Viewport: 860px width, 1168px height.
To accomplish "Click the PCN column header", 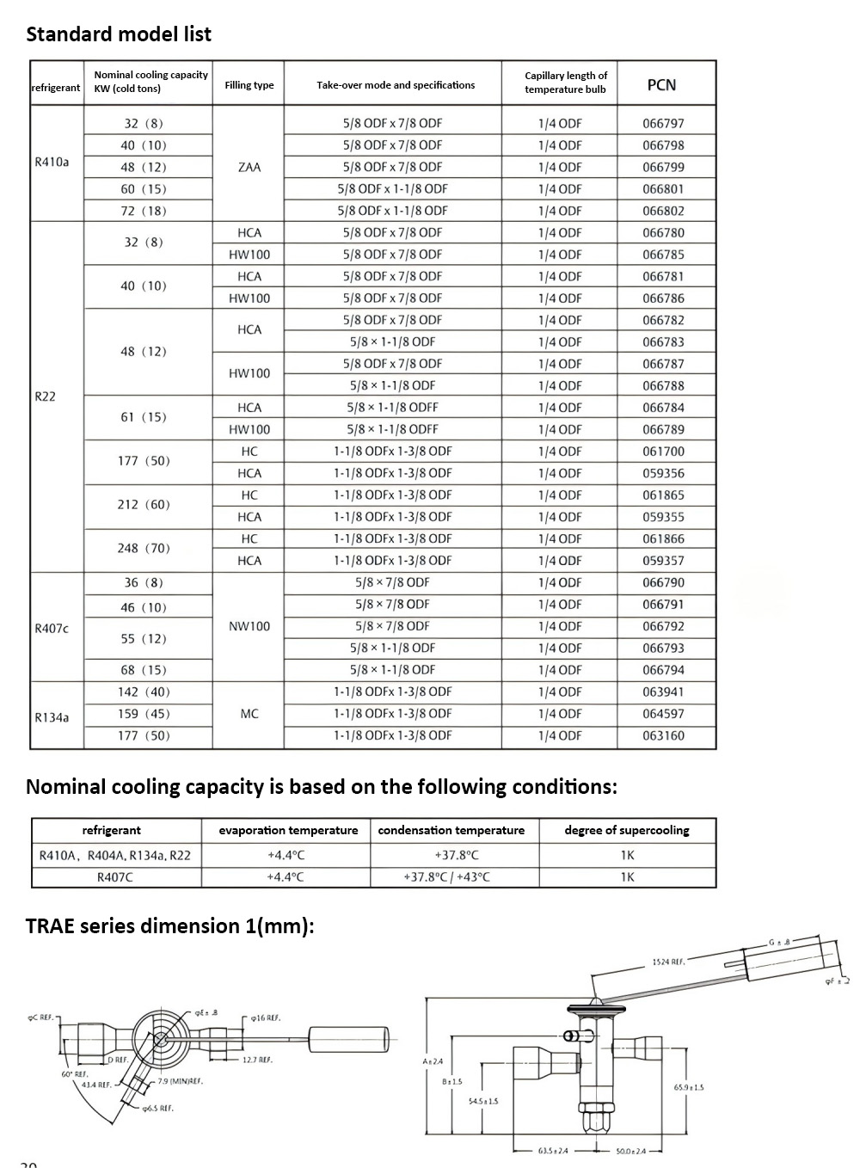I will [661, 84].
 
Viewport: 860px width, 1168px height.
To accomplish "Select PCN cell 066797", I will [663, 123].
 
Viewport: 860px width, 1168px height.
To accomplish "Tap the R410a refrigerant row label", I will [52, 162].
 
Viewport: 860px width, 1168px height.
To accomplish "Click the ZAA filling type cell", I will [249, 167].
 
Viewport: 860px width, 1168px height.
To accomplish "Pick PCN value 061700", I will [663, 451].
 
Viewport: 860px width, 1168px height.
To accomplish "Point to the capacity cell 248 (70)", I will [144, 548].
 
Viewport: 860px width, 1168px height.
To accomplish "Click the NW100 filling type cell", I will [249, 626].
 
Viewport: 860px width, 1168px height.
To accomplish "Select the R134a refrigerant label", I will [52, 717].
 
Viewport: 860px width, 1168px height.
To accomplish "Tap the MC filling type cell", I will [249, 714].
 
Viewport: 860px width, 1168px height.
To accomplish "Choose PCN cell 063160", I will [663, 735].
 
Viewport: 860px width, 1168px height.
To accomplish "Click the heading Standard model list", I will [119, 34].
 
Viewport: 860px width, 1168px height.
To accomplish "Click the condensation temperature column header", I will [451, 830].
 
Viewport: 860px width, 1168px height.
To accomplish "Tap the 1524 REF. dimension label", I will [668, 962].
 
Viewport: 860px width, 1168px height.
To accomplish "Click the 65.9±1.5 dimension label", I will [689, 1087].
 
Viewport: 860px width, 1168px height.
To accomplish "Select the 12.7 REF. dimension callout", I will [257, 1060].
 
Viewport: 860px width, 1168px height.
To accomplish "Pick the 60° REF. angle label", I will [75, 1074].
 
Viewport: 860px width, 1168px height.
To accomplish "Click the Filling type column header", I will [249, 85].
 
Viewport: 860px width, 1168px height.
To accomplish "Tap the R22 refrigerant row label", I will [45, 397].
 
